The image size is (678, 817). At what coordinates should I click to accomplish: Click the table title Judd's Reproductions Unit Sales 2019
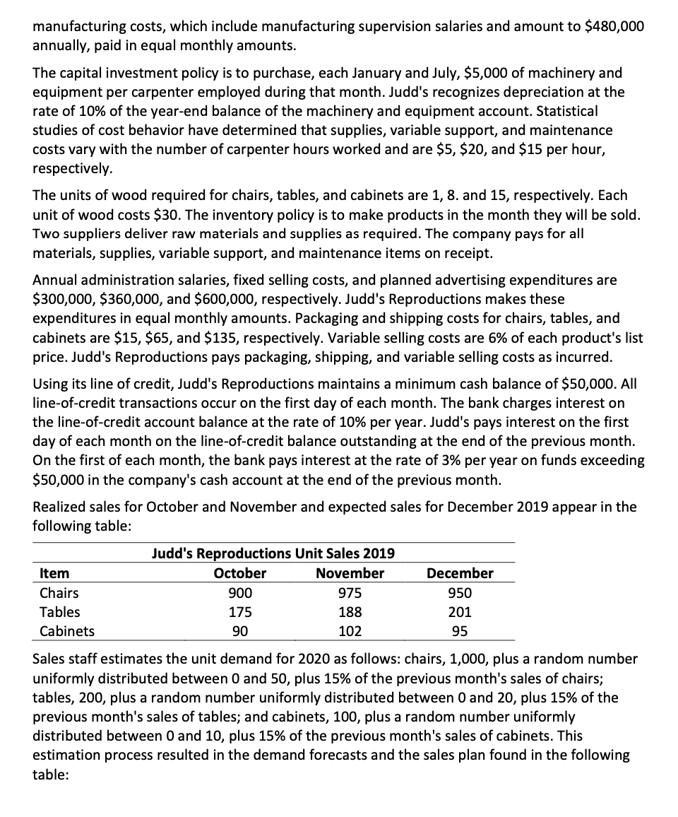click(x=273, y=553)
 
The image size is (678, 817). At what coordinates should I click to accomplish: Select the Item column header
click(x=54, y=573)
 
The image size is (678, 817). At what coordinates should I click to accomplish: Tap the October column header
click(x=240, y=573)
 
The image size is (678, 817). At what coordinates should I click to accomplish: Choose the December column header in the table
click(x=460, y=573)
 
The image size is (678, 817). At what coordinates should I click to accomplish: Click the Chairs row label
click(x=59, y=592)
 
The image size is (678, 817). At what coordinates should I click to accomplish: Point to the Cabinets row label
click(x=67, y=630)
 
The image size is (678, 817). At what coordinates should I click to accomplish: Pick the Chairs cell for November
click(x=350, y=592)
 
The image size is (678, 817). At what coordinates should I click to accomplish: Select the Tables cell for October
click(x=240, y=611)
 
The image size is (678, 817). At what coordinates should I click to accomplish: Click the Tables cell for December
click(x=460, y=611)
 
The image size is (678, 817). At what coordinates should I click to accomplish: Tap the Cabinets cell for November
click(x=350, y=630)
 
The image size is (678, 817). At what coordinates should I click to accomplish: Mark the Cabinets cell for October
click(x=240, y=630)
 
